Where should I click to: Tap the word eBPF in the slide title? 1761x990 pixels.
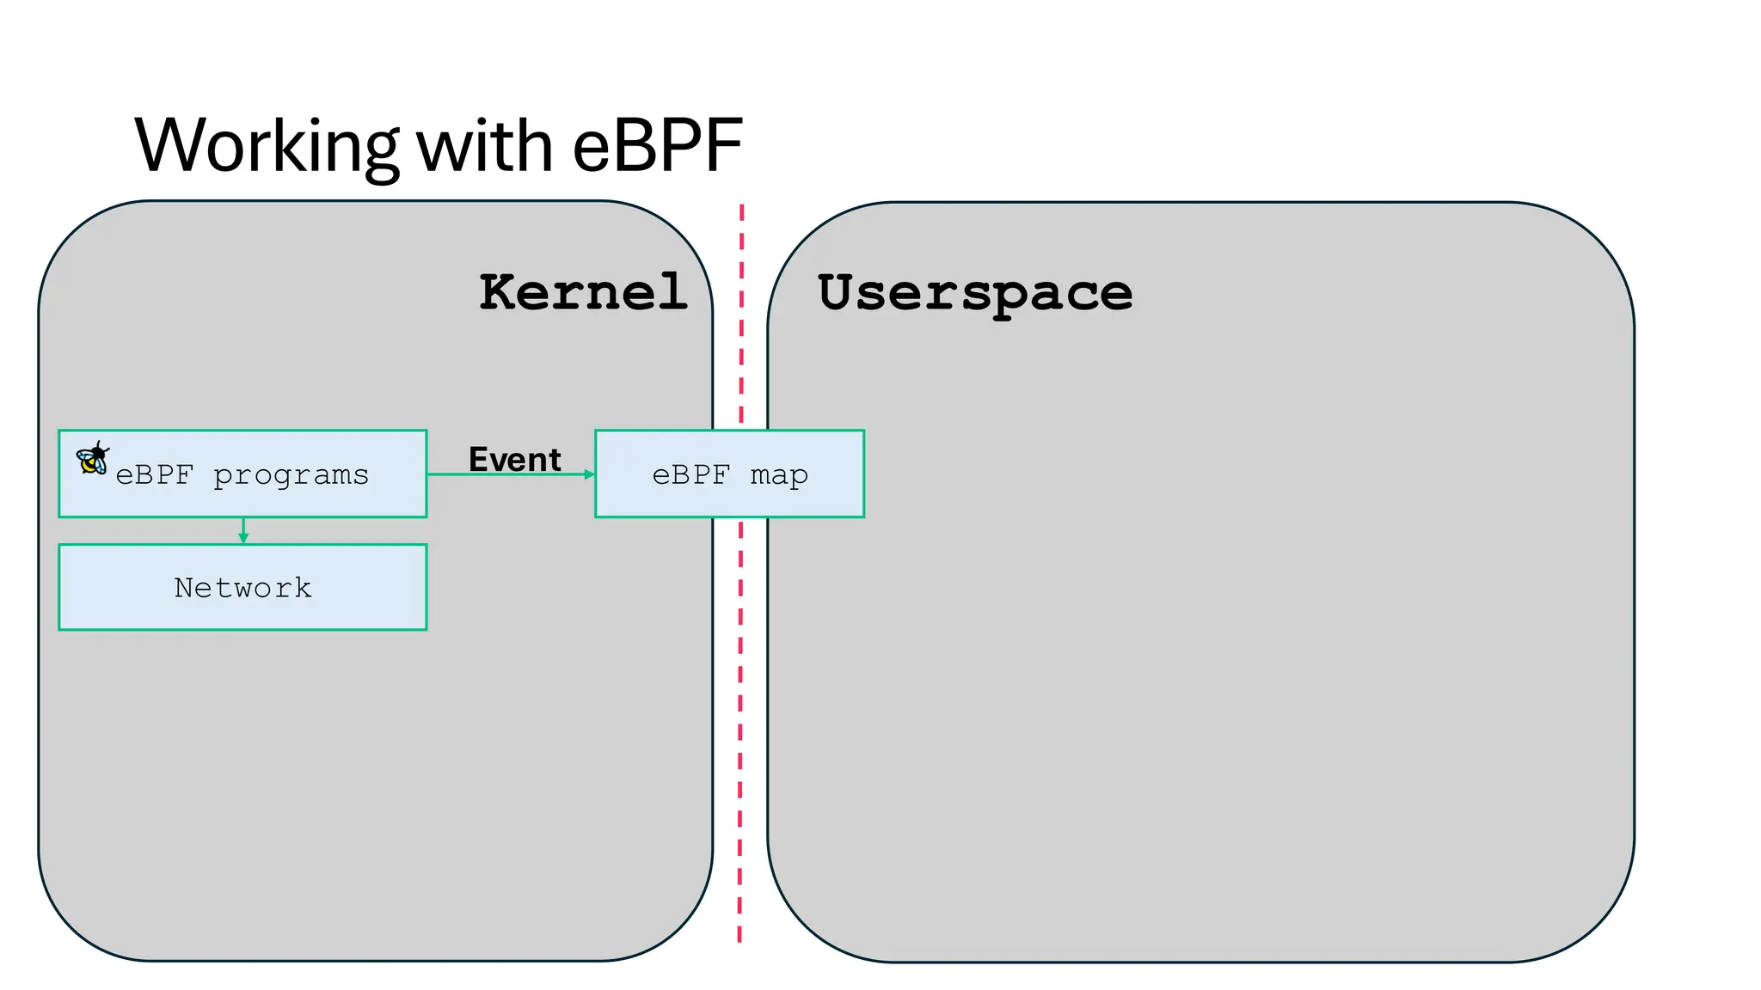pyautogui.click(x=657, y=146)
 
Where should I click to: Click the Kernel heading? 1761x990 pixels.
pyautogui.click(x=583, y=292)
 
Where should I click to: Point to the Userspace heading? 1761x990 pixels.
pyautogui.click(x=975, y=294)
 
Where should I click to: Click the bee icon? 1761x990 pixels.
pyautogui.click(x=92, y=458)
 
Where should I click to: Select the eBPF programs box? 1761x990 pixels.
pyautogui.click(x=242, y=498)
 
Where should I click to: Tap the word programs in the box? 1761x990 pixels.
pyautogui.click(x=291, y=475)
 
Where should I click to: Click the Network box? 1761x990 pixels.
pyautogui.click(x=242, y=610)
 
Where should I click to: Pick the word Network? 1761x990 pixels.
pyautogui.click(x=242, y=588)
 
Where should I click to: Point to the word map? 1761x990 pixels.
pyautogui.click(x=779, y=475)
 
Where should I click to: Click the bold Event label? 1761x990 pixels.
pyautogui.click(x=514, y=460)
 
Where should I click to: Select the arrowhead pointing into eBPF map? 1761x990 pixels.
pyautogui.click(x=589, y=474)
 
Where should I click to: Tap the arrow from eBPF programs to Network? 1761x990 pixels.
pyautogui.click(x=243, y=530)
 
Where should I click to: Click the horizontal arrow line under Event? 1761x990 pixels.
pyautogui.click(x=507, y=474)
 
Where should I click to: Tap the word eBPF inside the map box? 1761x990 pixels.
pyautogui.click(x=690, y=475)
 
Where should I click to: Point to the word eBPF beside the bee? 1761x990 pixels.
pyautogui.click(x=155, y=475)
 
